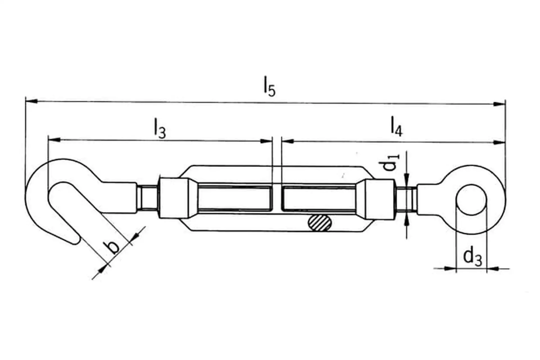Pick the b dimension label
coord(112,247)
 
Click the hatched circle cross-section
coord(320,223)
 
